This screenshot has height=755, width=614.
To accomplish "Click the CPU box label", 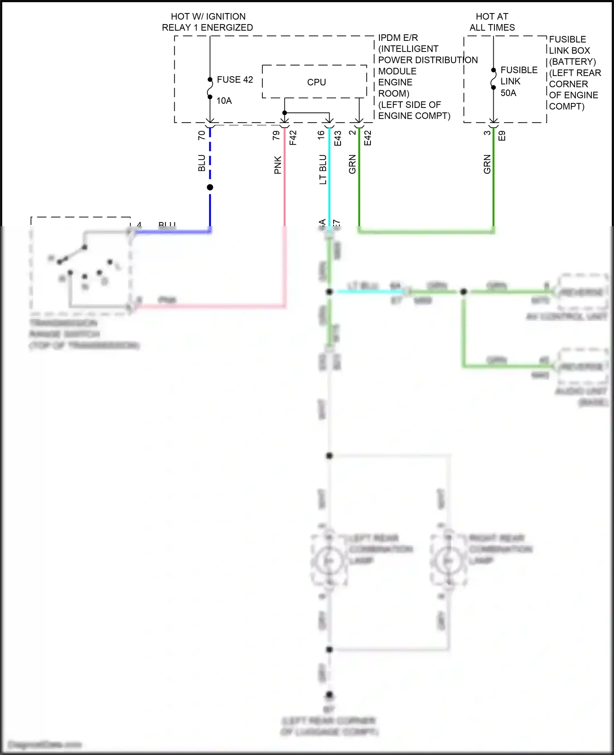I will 316,82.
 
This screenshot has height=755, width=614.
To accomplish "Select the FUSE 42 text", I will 235,79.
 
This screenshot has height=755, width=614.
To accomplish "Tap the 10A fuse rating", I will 224,101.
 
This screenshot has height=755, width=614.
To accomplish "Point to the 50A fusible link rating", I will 508,93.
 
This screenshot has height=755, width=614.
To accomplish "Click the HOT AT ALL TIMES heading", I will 492,22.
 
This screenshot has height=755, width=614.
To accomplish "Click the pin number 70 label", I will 201,135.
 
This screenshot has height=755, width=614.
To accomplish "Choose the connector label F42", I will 293,138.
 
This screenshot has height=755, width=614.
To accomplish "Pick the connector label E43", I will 338,138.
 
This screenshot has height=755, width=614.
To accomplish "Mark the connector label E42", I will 368,138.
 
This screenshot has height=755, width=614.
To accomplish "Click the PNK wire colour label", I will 278,165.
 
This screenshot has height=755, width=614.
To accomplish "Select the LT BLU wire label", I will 323,169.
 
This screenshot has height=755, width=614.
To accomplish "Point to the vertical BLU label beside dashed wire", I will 201,163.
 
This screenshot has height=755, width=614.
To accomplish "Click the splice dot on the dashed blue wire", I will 210,187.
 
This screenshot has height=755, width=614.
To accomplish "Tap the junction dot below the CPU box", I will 284,112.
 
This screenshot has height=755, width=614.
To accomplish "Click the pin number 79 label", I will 276,135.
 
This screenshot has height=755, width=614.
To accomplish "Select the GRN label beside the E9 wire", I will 487,164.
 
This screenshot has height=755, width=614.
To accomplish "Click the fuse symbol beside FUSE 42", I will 210,88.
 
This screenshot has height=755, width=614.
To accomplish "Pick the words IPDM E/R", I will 398,38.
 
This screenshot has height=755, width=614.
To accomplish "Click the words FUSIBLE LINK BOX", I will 569,45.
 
